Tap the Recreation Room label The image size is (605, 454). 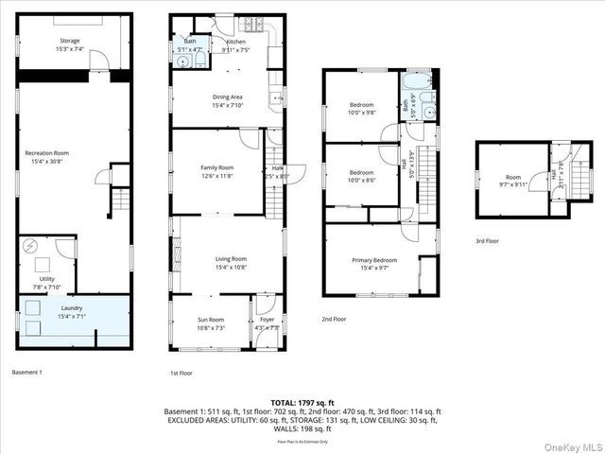tap(47, 156)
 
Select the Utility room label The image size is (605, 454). tap(47, 279)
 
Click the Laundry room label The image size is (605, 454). tap(71, 311)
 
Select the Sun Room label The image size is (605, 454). tap(211, 323)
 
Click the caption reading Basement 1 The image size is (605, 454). tap(26, 372)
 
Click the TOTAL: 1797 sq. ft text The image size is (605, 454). tap(302, 402)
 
